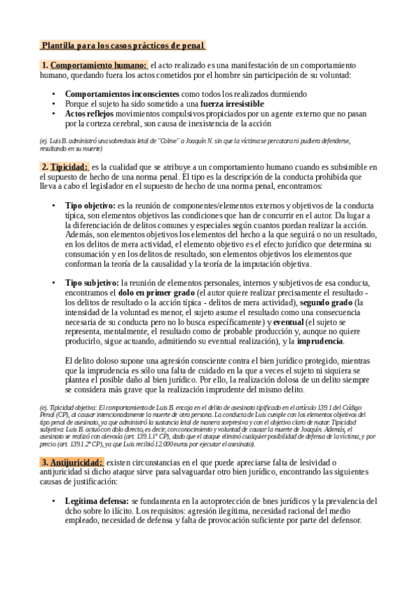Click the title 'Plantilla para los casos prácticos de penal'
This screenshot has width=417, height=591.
[x=123, y=46]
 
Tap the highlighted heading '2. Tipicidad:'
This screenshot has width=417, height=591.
[x=65, y=167]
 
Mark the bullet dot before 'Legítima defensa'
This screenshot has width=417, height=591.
[x=54, y=501]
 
